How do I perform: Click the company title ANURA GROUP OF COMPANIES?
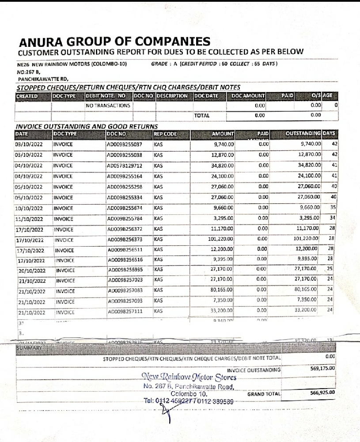115,42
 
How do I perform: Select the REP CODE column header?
165,133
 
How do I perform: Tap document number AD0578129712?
124,165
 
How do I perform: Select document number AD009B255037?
124,144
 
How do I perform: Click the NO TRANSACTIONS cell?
108,106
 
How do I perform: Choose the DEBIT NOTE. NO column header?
106,96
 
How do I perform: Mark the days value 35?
334,207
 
